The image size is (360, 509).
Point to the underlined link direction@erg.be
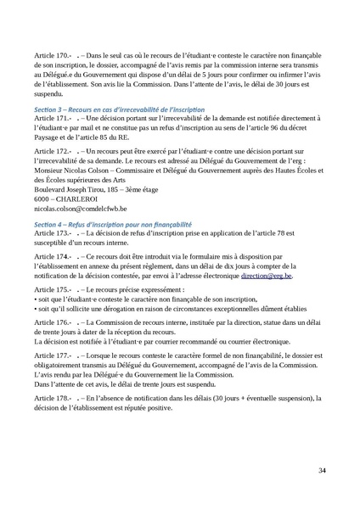(x=266, y=277)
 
